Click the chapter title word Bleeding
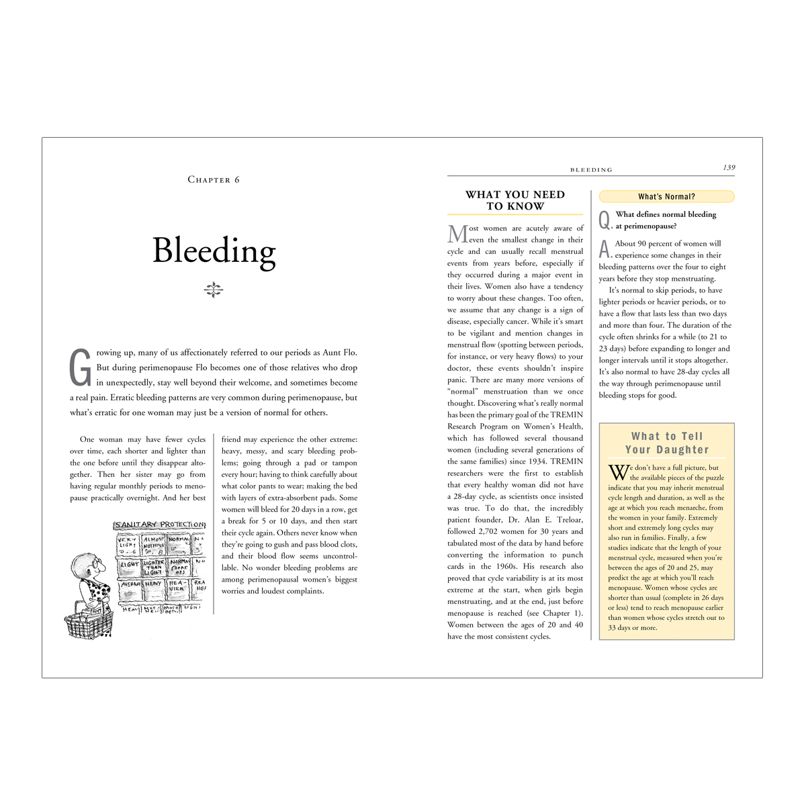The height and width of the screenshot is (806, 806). [214, 251]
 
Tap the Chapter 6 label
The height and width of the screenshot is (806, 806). [214, 180]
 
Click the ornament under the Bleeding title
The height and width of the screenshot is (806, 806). [214, 290]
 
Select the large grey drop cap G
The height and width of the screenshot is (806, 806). [81, 367]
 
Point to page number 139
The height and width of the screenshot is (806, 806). [729, 168]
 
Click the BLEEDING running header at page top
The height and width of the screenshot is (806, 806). [591, 170]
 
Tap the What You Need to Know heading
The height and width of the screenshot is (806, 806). [515, 200]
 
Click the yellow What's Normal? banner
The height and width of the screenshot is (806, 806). [666, 197]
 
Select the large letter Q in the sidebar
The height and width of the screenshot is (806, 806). [604, 220]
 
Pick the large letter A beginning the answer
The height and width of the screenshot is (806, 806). [604, 249]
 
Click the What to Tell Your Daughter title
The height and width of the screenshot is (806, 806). [666, 443]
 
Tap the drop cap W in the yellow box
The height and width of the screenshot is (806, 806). [617, 472]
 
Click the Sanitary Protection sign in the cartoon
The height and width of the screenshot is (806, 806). [159, 525]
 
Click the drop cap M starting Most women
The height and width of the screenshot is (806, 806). [457, 234]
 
